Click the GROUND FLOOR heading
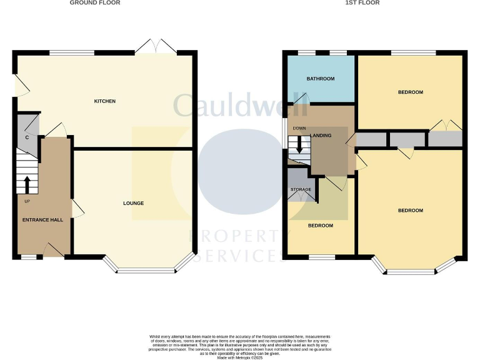tap(95, 3)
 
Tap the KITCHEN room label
tap(104, 101)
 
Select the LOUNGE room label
tap(133, 203)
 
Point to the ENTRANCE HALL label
tap(42, 220)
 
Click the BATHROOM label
tap(320, 79)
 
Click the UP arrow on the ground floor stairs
tap(27, 186)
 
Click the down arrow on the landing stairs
tap(299, 146)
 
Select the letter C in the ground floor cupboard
tap(27, 137)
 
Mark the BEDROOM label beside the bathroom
tap(410, 92)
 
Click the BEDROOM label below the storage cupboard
tap(320, 226)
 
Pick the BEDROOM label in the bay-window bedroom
tap(410, 211)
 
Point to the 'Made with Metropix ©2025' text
tap(240, 356)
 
